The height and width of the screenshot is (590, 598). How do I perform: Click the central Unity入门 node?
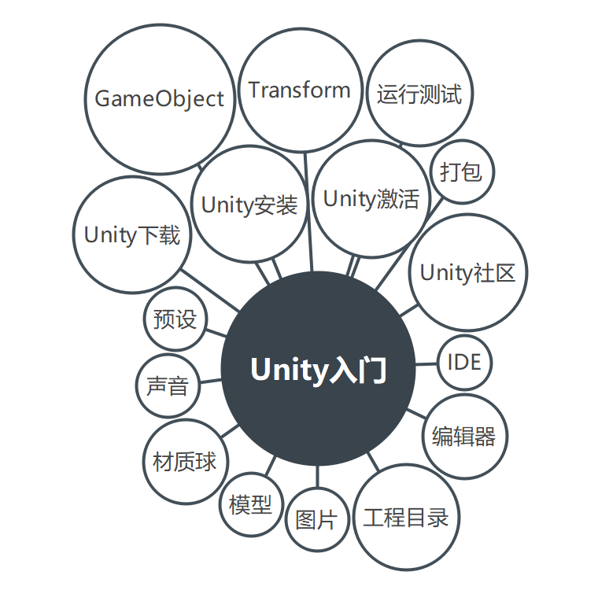click(x=318, y=370)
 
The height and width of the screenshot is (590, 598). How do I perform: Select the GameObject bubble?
click(x=160, y=99)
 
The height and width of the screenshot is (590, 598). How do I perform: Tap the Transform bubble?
click(x=300, y=90)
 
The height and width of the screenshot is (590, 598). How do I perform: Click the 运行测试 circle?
click(x=419, y=94)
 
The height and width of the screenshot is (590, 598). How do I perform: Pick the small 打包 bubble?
click(x=462, y=172)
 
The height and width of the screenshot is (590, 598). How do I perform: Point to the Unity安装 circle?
click(x=249, y=205)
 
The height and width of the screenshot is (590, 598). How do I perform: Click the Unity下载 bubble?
click(x=131, y=235)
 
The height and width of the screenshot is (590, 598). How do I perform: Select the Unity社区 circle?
click(x=467, y=273)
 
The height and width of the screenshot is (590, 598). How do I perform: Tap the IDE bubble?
click(x=464, y=363)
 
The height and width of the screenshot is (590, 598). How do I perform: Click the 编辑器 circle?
click(x=463, y=437)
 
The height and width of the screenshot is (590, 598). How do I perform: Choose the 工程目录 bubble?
click(x=405, y=518)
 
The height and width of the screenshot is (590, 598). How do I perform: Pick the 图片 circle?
click(x=316, y=519)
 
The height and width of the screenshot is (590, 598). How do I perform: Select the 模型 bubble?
click(x=250, y=504)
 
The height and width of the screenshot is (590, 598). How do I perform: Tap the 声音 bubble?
click(x=168, y=386)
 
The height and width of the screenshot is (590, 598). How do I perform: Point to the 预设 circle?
click(x=175, y=319)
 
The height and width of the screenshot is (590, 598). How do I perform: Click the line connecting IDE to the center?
click(x=426, y=364)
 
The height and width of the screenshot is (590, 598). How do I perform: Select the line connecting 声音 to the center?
click(x=210, y=382)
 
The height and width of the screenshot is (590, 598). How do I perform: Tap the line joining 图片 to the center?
click(x=317, y=477)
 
